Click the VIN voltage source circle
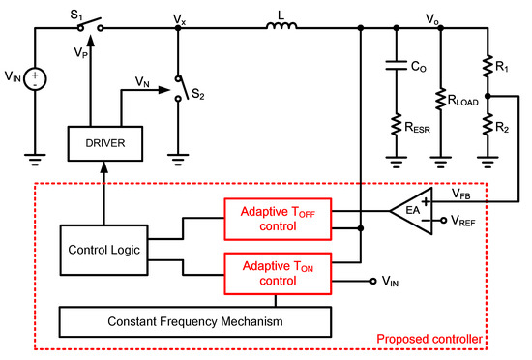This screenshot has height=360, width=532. coord(36,76)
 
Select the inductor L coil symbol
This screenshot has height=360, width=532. coord(281,28)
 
